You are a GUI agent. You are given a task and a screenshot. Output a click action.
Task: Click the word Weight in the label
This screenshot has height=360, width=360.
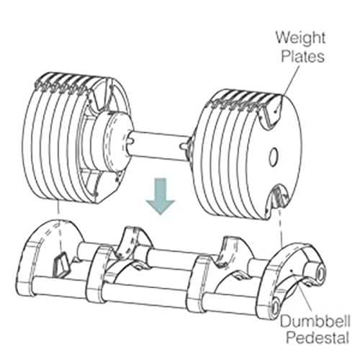click(x=300, y=37)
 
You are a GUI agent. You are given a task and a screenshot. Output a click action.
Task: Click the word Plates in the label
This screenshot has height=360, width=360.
click(x=302, y=56)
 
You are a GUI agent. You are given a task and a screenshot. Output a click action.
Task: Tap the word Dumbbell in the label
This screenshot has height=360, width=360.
click(x=315, y=321)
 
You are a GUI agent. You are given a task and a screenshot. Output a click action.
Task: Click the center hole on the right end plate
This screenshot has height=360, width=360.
click(x=274, y=156)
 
